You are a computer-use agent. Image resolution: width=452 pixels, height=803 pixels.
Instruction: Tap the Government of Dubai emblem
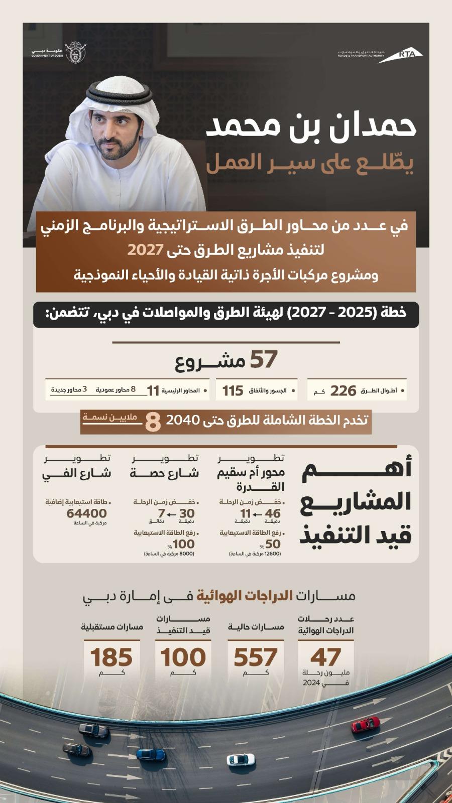coord(75,52)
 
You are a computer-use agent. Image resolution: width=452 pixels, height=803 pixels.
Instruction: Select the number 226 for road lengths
coord(344,390)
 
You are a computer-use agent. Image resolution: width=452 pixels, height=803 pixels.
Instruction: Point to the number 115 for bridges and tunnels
coord(233,390)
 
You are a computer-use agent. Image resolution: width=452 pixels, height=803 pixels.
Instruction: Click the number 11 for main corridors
coord(153,390)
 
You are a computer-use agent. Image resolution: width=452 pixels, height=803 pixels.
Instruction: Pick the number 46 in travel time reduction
coord(273,513)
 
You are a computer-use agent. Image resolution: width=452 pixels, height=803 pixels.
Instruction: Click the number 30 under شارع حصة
coord(187,513)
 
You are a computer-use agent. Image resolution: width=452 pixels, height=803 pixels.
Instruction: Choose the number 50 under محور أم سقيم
coord(273,544)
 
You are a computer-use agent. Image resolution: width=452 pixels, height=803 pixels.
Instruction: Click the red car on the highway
coord(365,724)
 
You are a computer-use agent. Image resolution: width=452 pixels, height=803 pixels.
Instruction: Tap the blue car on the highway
coord(151,754)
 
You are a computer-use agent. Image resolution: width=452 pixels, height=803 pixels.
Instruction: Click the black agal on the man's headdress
coord(119,91)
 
